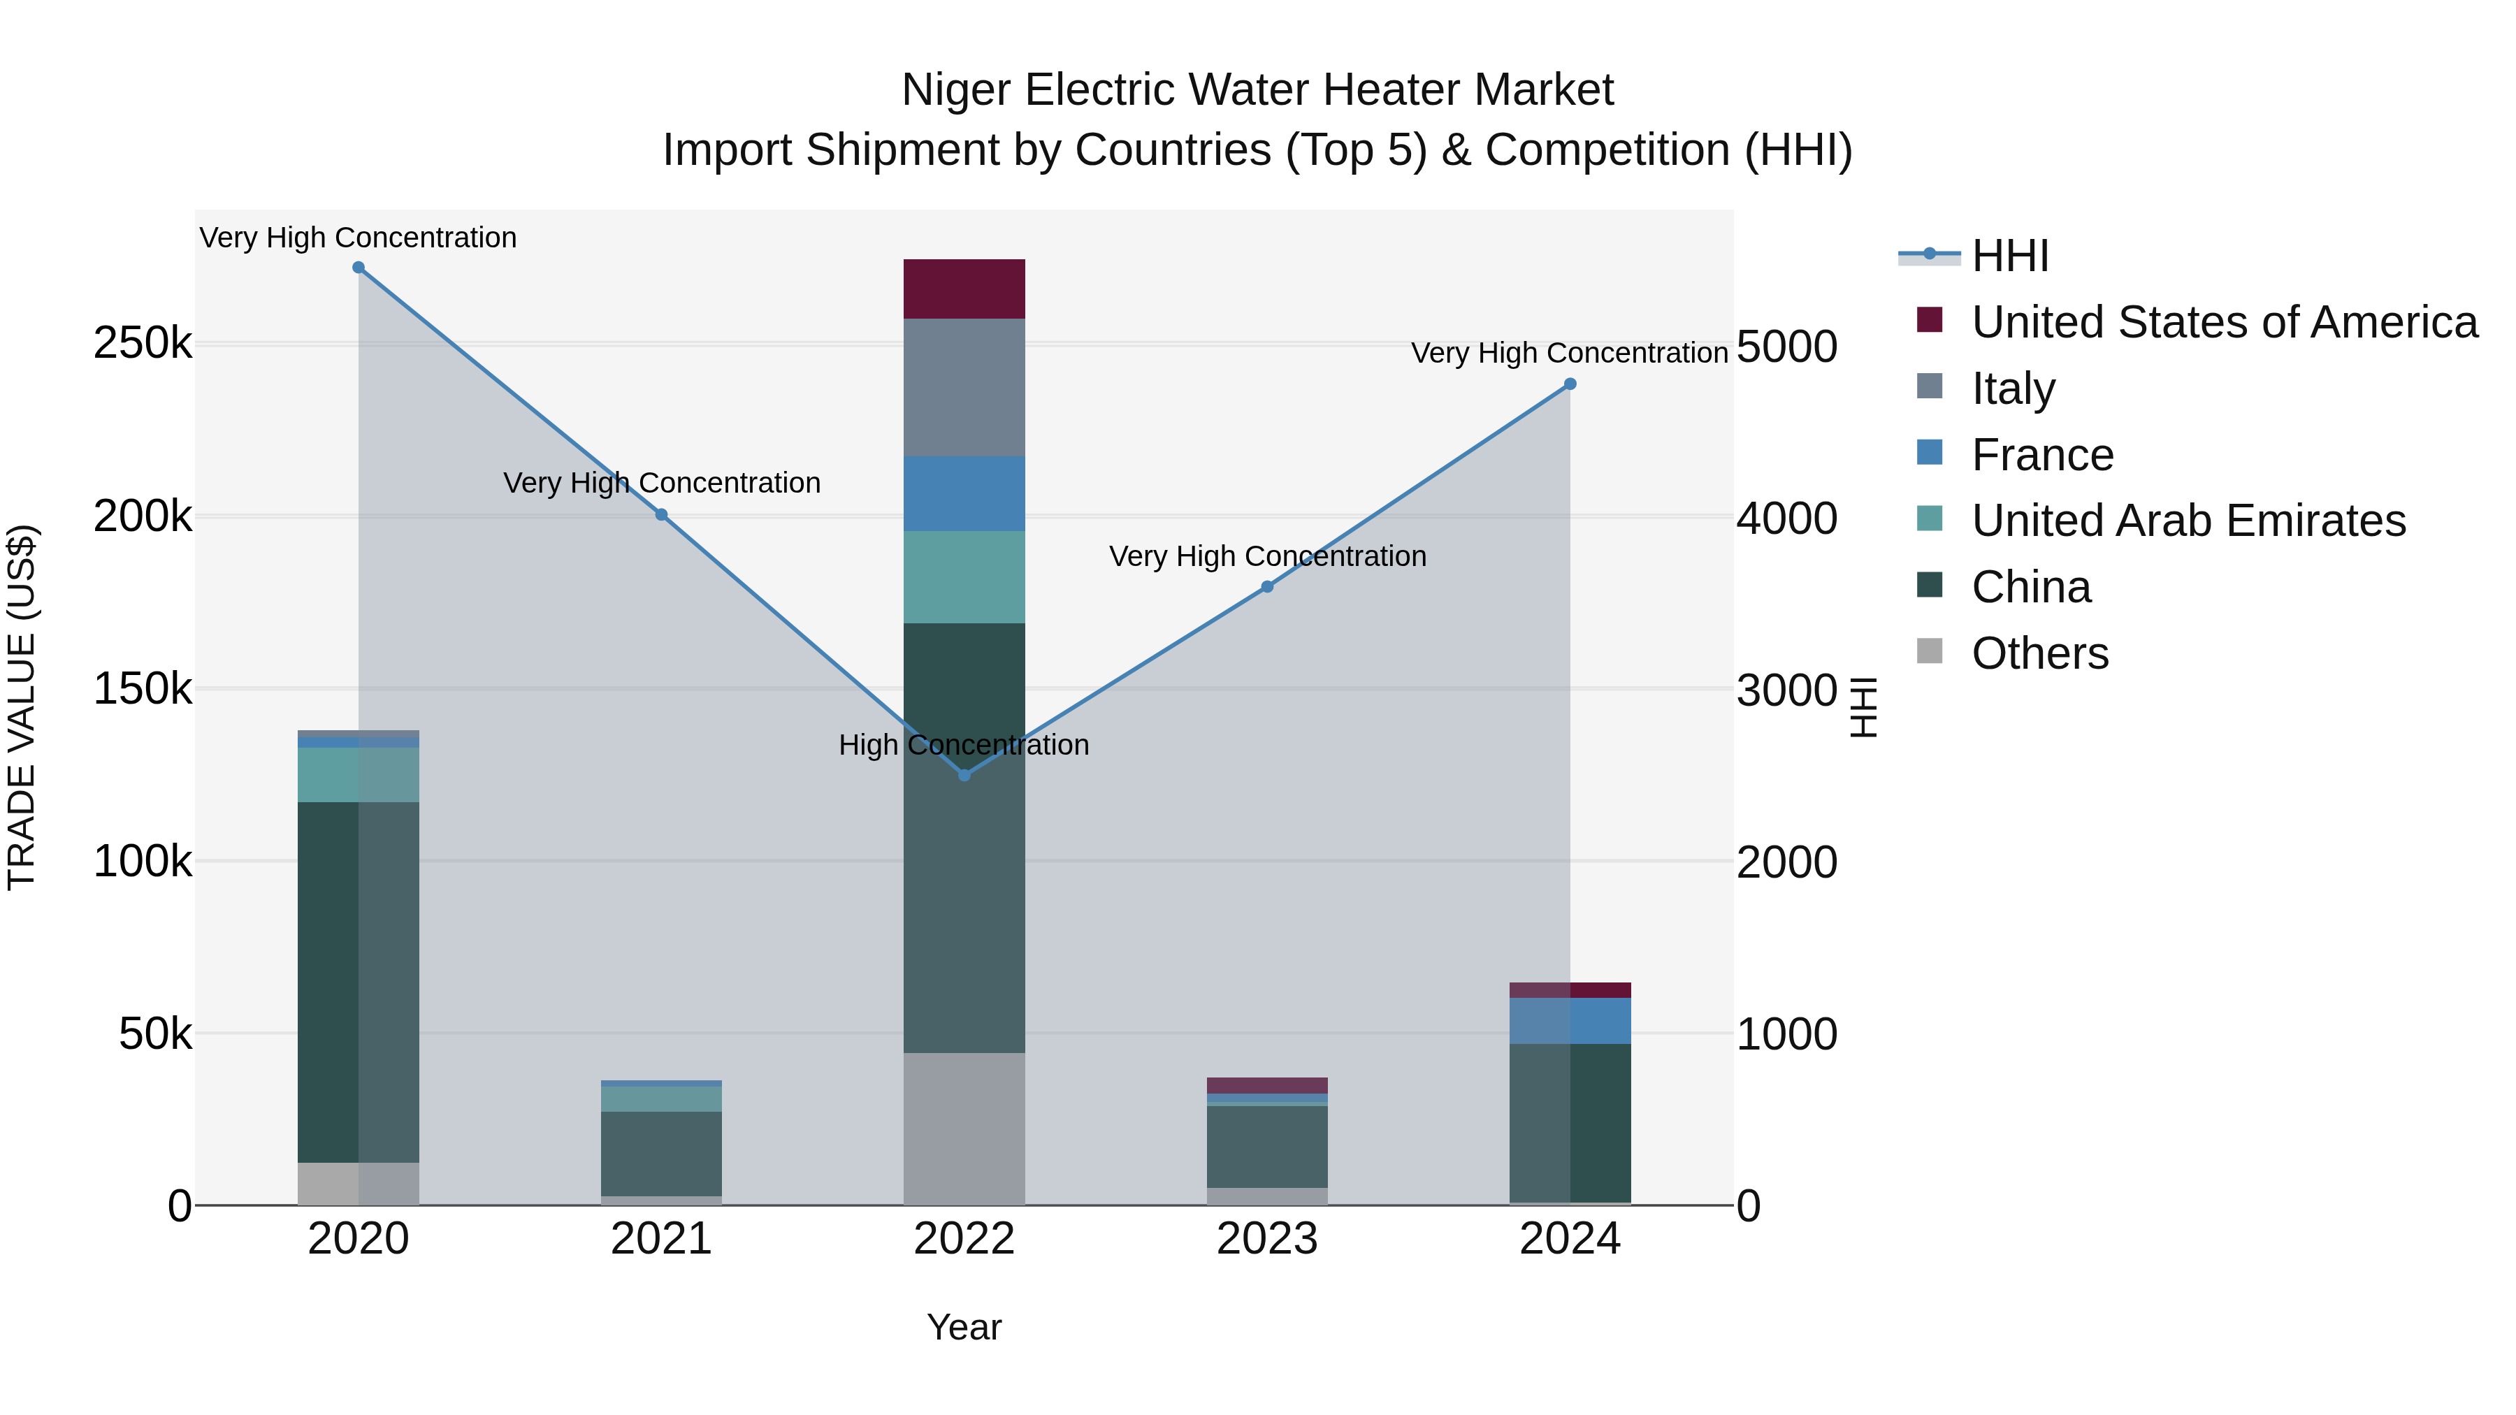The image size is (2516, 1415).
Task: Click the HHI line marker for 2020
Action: point(359,268)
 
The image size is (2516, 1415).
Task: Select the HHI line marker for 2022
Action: point(964,776)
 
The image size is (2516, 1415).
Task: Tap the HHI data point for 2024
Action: point(1570,384)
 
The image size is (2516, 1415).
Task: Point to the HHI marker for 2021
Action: point(661,514)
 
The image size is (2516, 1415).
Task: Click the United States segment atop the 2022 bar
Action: point(964,289)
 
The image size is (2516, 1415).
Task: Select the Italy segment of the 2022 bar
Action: point(964,388)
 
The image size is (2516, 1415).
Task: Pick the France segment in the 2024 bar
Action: point(1570,1020)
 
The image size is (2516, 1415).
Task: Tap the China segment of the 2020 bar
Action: point(359,982)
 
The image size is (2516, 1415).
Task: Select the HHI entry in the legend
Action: point(2009,256)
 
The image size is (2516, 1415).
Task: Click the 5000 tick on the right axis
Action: point(1786,347)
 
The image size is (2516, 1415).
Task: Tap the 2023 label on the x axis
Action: point(1267,1239)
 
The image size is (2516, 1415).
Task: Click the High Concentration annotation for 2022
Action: point(964,745)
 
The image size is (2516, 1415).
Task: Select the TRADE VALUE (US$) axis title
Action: point(22,707)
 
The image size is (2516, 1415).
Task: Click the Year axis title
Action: point(964,1327)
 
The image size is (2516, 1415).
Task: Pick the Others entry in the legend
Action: point(2039,653)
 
